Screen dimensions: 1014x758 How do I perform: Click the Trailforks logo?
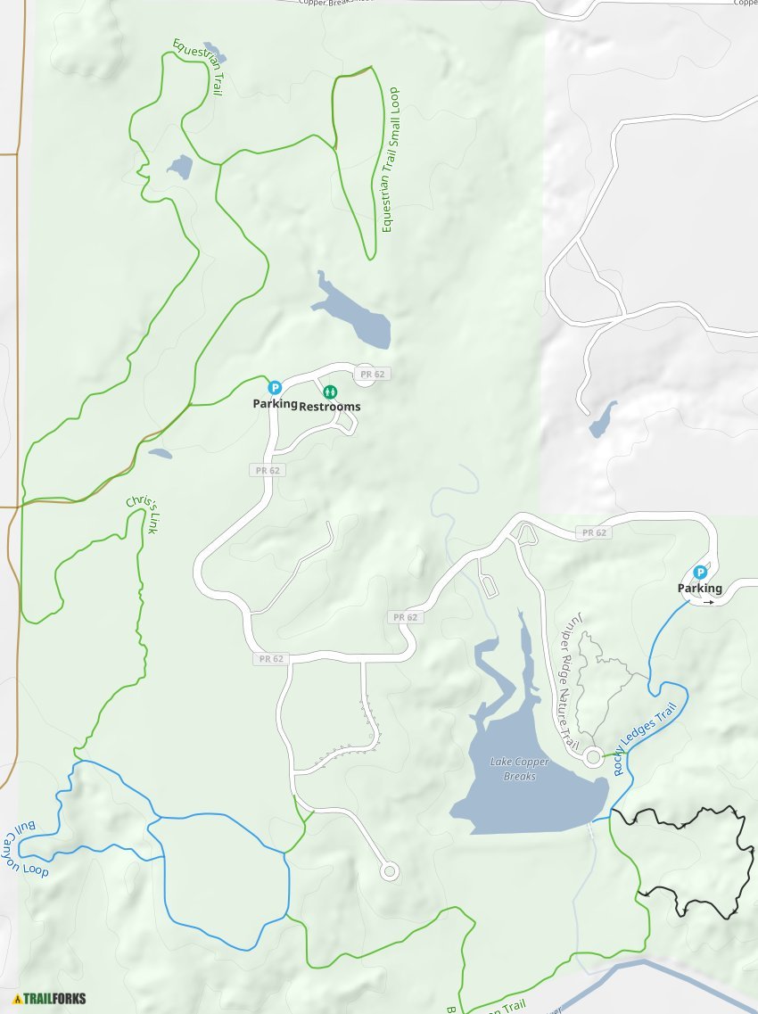pos(50,999)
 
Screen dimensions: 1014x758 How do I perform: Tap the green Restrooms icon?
pos(329,391)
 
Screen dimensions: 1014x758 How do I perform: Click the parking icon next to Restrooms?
pos(275,388)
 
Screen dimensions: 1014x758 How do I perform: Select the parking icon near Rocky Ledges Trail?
pos(700,573)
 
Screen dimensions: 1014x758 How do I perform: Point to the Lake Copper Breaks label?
pos(514,769)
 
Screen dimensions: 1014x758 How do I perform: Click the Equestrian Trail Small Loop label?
pos(390,161)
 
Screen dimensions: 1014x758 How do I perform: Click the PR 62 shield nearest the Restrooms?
pos(369,374)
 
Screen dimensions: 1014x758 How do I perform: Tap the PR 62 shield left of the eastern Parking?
pos(593,532)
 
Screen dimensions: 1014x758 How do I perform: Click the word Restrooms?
pos(330,407)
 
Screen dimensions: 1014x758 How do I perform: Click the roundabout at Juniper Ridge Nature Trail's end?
pos(593,757)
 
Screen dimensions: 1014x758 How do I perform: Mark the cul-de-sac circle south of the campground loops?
pos(389,870)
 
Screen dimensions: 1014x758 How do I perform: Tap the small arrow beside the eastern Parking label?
pos(709,602)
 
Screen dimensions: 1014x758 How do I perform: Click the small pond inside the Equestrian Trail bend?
pos(179,167)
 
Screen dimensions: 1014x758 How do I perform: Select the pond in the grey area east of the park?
pos(603,420)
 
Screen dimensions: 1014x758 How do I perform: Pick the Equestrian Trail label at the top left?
pos(197,67)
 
